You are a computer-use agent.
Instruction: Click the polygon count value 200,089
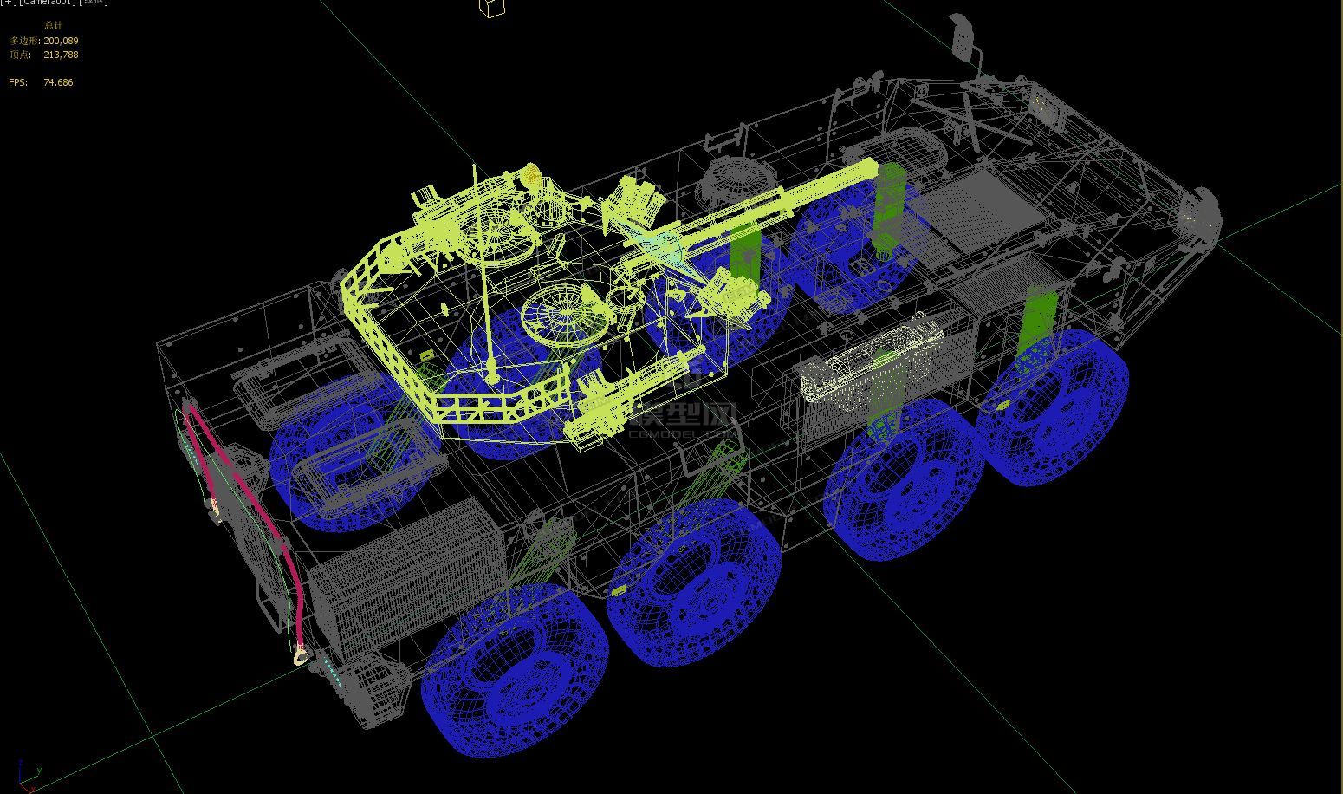[61, 41]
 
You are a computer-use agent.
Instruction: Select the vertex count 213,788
[61, 55]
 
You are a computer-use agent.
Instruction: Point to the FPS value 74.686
[58, 82]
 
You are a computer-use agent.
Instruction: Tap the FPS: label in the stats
[18, 82]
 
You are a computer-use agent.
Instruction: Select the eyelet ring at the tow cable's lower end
[300, 654]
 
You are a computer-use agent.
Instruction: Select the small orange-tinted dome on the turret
[530, 178]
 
